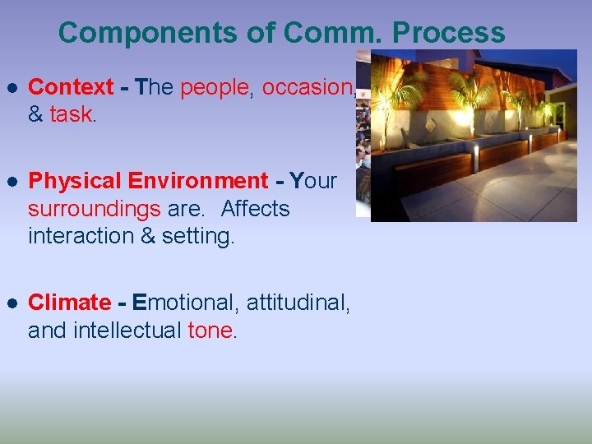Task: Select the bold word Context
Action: coord(71,87)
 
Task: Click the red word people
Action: coord(215,87)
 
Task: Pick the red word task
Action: coord(71,114)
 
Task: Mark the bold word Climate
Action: coord(69,303)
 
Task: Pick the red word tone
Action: coord(211,331)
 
